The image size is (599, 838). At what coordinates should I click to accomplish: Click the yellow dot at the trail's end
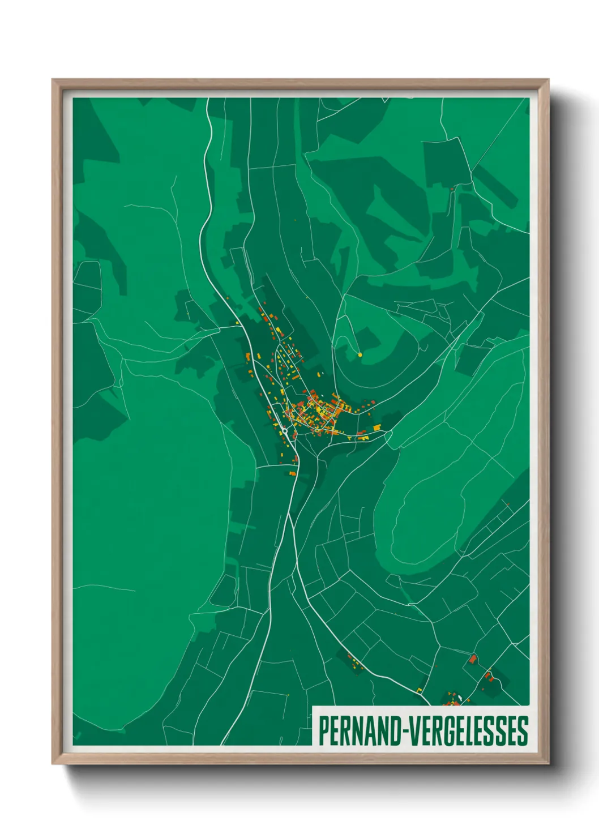360,355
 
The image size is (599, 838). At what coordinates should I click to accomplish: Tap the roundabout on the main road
286,431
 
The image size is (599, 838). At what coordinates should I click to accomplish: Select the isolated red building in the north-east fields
452,189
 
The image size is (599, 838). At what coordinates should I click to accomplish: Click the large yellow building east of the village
376,427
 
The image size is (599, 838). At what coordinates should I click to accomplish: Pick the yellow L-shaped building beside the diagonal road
420,689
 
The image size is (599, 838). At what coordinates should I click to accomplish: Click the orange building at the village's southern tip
293,473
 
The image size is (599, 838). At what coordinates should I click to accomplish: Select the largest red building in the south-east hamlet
473,659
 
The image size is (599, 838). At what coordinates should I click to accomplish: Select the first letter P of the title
323,731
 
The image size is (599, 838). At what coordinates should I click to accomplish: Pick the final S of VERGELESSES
523,731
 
